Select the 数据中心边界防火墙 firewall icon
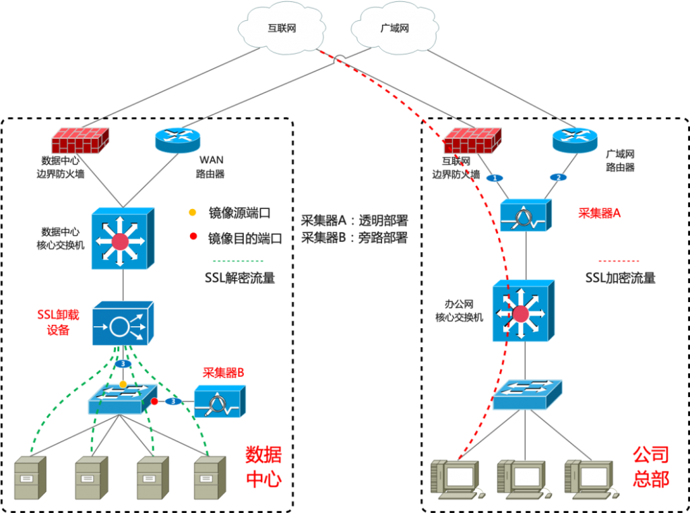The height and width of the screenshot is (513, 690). coord(80,140)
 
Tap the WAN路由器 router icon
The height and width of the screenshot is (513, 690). coord(178,140)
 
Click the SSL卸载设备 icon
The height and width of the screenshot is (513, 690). coord(123,323)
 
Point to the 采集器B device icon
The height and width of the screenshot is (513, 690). coord(220,401)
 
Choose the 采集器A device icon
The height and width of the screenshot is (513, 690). coord(526,215)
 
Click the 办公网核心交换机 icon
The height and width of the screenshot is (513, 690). coord(524,311)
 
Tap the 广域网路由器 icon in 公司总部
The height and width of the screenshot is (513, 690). coord(575,140)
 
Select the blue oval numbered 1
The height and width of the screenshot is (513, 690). coord(495,179)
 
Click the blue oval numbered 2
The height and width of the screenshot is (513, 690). coord(559,177)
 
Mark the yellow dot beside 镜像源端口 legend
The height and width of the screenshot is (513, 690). coord(192,213)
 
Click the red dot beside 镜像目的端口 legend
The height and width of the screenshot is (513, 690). coord(193,237)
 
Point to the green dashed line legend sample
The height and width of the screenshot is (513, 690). coord(238,261)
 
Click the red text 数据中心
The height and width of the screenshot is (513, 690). coord(263,466)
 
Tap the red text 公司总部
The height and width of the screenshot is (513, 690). coord(651,466)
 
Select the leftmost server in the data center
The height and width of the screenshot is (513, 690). coord(30,478)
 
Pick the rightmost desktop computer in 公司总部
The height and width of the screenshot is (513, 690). coord(591,479)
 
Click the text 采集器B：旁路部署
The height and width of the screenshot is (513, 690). coord(354,238)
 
